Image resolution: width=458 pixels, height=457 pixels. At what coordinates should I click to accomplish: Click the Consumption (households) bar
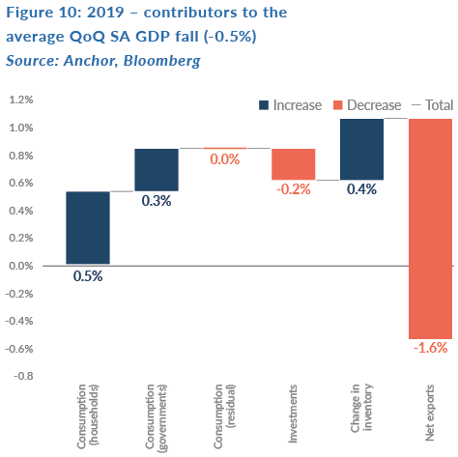88,228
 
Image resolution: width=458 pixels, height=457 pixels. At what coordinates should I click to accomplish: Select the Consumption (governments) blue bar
157,170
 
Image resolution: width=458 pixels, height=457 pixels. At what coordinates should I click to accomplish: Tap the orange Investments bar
294,164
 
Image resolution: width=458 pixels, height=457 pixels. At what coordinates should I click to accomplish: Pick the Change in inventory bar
361,149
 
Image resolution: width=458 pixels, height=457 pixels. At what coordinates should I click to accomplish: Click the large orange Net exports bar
430,229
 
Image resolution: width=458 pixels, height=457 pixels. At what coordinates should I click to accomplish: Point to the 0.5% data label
88,276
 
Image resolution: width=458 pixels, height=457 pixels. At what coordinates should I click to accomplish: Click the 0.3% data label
157,201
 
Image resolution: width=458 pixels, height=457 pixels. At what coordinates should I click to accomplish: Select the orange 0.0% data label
225,159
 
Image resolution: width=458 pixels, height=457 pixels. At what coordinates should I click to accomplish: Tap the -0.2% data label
294,189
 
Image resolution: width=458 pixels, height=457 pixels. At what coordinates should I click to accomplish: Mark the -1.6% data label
430,348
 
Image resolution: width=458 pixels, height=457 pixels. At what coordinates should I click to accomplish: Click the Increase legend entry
291,105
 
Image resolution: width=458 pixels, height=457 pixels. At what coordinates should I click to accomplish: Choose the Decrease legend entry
367,105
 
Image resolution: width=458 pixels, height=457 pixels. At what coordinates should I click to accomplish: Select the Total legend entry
433,105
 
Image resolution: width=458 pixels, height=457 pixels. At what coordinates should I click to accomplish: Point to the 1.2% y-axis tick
21,100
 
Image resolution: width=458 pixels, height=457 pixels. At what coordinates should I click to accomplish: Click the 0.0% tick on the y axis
21,266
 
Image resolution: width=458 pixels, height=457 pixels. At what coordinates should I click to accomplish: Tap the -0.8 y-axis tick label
23,376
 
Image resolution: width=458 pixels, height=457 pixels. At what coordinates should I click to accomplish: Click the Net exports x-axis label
430,413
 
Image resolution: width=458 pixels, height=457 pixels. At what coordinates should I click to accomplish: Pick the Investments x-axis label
293,414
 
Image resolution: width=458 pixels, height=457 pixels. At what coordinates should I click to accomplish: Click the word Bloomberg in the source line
162,61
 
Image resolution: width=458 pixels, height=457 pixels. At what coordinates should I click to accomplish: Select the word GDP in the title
153,37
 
